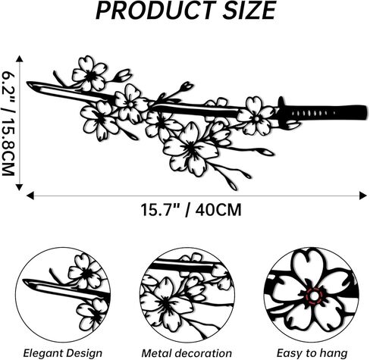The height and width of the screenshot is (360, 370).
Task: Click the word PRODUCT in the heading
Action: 155,11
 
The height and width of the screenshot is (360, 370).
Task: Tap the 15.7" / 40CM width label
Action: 191,210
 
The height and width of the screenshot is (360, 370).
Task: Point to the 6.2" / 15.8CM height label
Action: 8,124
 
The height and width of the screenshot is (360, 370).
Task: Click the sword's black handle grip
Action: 326,112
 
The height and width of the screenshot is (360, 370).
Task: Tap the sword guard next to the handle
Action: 281,111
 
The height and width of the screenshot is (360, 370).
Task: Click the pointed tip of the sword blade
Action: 28,83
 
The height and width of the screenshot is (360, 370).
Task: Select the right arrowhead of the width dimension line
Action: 363,196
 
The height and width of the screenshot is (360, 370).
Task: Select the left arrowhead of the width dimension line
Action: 30,196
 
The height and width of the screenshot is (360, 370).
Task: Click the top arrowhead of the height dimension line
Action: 20,59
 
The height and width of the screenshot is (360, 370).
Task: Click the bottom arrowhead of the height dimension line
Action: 20,187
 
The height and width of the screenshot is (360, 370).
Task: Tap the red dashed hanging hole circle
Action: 314,295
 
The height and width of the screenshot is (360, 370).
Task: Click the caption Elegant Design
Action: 63,353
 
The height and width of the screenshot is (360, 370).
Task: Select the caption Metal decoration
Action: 187,353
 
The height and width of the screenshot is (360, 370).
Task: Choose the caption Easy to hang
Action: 312,353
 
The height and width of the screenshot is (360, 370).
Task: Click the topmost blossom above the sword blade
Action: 89,74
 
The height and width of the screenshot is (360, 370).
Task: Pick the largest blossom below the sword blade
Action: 190,149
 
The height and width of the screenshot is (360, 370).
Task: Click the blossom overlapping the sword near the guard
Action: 256,117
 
